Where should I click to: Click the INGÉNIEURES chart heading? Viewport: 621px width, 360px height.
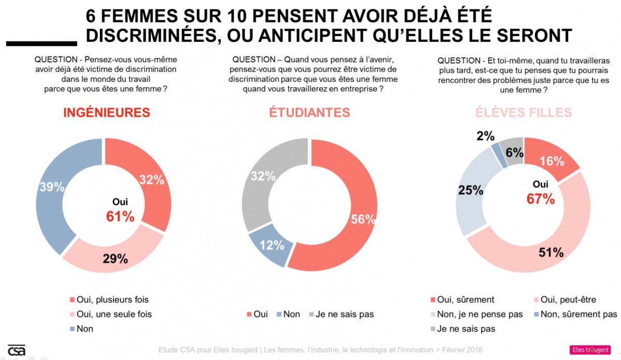[x=107, y=112]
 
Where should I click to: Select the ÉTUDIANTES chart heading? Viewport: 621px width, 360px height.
[x=309, y=112]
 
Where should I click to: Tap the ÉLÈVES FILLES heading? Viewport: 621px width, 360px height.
[x=524, y=112]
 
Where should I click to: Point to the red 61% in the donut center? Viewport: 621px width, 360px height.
[x=120, y=216]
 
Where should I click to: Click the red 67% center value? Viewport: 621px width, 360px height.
[x=541, y=199]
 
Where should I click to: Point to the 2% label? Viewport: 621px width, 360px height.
[x=485, y=136]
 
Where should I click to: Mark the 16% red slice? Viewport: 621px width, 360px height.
[x=552, y=160]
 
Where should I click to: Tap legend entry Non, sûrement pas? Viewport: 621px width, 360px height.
[x=578, y=314]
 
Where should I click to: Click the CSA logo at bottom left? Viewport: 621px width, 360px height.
[x=17, y=350]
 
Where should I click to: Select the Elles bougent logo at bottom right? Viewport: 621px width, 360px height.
[x=590, y=350]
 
